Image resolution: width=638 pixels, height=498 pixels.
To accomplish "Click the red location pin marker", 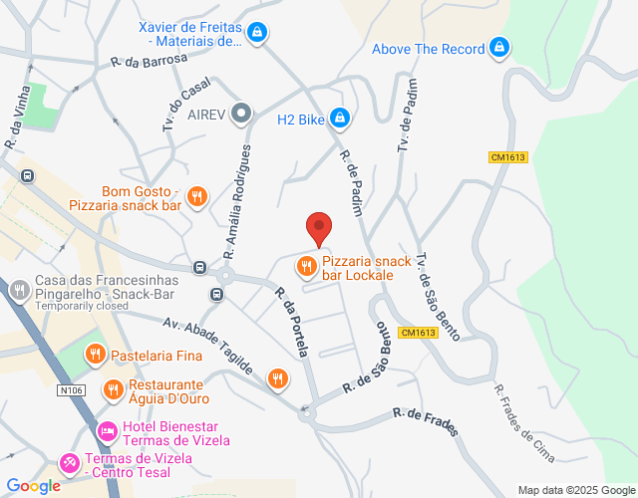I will click(x=318, y=228).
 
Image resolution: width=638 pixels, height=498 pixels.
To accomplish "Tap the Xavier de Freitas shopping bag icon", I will click(x=258, y=33).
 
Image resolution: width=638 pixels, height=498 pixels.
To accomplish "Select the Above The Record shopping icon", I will click(x=499, y=48).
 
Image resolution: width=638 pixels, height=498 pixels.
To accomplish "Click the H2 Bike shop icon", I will click(x=340, y=119).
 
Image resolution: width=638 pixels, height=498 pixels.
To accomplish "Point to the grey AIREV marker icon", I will click(x=240, y=114).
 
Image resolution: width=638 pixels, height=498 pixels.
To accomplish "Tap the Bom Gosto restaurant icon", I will click(x=197, y=196).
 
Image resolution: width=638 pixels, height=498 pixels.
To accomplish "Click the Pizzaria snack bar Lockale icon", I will click(x=305, y=266).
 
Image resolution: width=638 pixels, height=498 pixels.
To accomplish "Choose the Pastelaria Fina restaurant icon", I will click(x=95, y=354).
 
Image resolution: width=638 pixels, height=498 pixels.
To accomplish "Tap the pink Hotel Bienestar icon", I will click(x=107, y=432).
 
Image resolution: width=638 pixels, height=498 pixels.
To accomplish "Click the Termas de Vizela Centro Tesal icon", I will click(x=70, y=463).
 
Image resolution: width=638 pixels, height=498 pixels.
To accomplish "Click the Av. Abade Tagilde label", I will click(x=209, y=344).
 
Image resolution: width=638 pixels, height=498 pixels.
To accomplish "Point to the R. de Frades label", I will click(x=426, y=422).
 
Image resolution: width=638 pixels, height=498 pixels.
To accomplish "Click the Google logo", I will click(x=34, y=485).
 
